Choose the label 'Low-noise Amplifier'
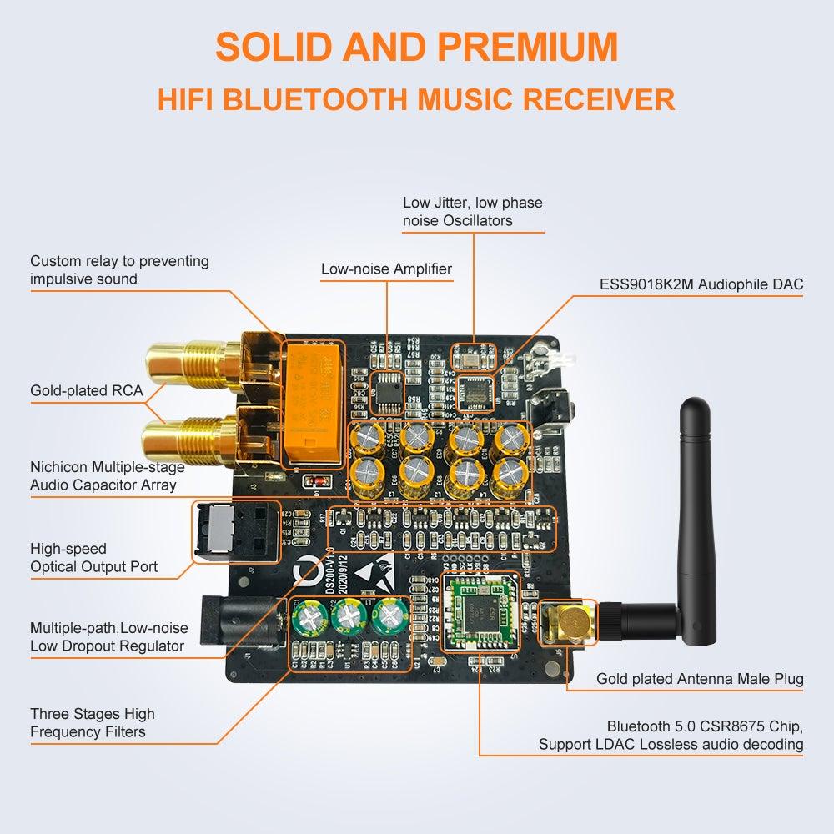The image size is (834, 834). pos(386,269)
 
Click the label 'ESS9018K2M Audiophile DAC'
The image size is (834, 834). pos(701,284)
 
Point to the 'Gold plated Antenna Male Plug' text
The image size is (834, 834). pos(700,679)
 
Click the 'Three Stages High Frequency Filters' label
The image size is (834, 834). pos(92,723)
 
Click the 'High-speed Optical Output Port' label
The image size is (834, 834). pos(93,558)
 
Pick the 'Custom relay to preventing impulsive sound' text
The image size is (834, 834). pos(119,269)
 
